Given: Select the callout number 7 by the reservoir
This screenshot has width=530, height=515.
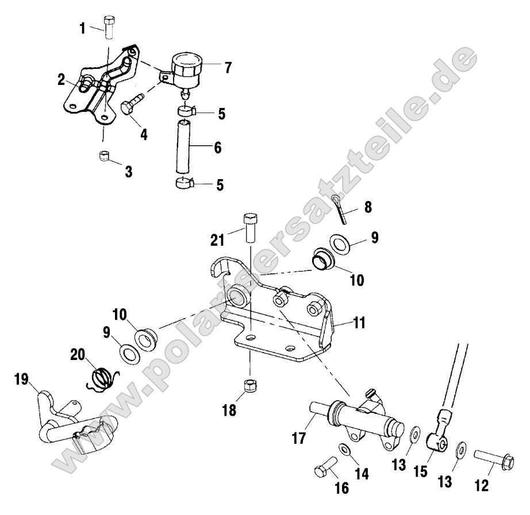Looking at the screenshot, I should [228, 68].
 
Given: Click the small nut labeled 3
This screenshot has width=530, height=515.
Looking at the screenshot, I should [105, 156].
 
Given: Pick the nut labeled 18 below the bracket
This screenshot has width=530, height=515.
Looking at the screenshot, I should [251, 386].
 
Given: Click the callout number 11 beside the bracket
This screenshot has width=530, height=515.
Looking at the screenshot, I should [360, 323].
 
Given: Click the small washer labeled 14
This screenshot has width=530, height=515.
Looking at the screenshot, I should [345, 449].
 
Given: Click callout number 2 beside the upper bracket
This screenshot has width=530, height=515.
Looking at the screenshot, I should [61, 80].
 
